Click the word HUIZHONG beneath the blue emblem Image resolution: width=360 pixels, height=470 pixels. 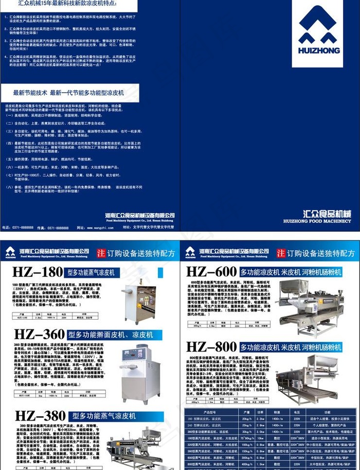[x=318, y=50]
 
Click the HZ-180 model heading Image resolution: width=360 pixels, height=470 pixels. [x=39, y=272]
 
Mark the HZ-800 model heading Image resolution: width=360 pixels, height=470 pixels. [x=211, y=346]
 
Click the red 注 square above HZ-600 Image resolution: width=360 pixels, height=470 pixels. [x=280, y=253]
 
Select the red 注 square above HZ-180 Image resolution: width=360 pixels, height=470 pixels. [x=101, y=253]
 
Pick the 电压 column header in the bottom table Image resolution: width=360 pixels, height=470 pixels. [x=296, y=412]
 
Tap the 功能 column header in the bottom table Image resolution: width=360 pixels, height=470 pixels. [x=329, y=412]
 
